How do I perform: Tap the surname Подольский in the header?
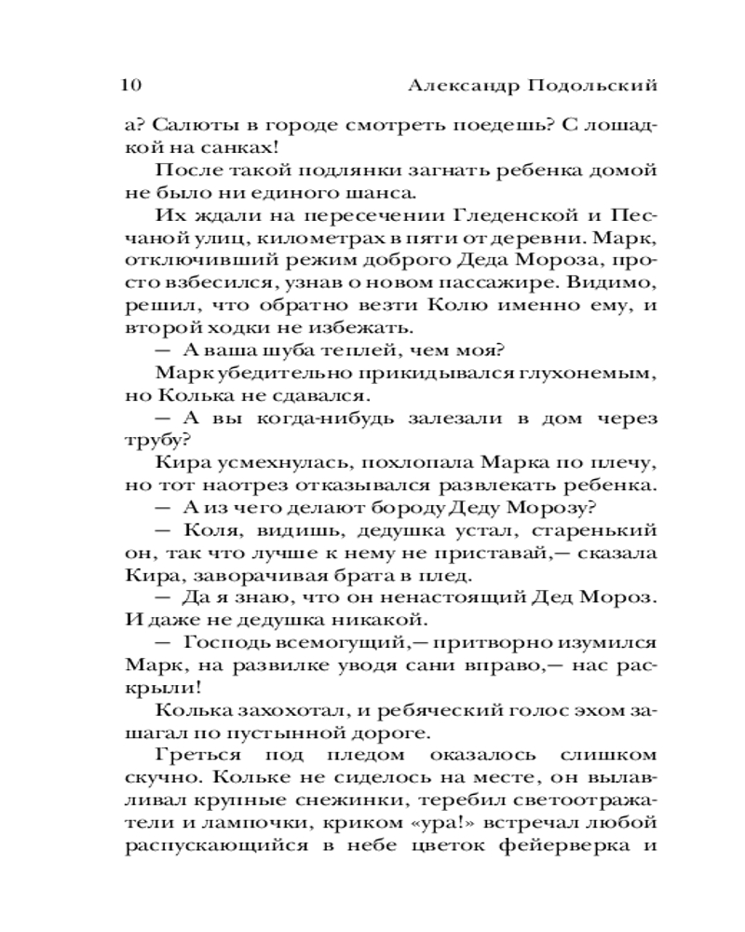click(x=592, y=85)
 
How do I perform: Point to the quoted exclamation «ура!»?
click(x=395, y=821)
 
